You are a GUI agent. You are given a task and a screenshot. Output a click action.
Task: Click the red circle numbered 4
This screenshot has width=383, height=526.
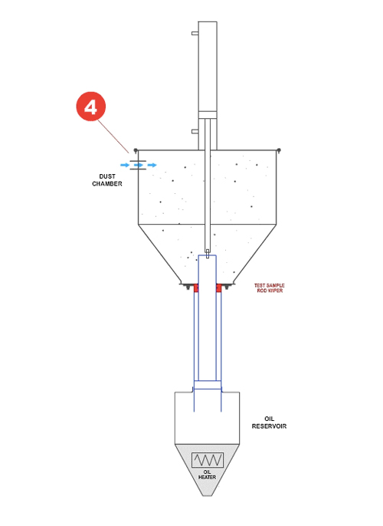91,107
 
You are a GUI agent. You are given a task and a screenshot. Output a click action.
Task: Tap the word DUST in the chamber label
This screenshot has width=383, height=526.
107,176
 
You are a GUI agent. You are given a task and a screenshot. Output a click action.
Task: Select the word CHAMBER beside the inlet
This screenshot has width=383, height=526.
107,184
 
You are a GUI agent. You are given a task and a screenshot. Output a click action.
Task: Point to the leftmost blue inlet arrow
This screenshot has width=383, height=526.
125,165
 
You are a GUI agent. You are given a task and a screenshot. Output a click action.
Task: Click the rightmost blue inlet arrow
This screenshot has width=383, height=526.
152,165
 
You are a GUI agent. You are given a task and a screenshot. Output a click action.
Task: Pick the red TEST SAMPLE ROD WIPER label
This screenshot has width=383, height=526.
270,288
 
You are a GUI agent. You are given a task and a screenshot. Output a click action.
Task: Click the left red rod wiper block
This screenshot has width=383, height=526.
196,288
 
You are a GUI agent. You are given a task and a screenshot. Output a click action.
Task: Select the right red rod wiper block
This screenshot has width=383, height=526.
219,288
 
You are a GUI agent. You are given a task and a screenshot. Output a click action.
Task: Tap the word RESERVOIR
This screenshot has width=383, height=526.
269,426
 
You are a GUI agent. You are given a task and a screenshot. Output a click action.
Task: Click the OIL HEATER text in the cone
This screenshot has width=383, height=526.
207,475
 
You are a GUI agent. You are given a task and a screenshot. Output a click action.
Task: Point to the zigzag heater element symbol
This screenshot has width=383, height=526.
208,460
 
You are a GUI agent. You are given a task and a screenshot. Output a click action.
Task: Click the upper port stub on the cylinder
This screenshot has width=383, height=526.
195,33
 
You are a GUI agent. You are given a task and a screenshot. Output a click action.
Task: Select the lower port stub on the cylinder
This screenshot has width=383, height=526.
195,131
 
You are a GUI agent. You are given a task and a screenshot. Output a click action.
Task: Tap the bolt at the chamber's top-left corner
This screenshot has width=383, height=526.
136,150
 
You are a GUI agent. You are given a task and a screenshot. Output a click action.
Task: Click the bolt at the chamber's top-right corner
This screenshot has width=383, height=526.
279,150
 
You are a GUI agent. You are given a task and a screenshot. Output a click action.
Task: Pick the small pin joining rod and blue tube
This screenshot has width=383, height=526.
208,254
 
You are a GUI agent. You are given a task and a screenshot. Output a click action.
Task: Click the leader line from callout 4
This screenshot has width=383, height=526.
113,136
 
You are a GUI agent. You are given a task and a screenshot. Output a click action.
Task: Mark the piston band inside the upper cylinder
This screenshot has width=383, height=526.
208,115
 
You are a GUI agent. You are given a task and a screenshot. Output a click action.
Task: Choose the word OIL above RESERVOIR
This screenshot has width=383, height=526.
270,419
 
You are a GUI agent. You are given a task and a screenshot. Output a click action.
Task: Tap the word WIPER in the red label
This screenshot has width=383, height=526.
275,291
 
